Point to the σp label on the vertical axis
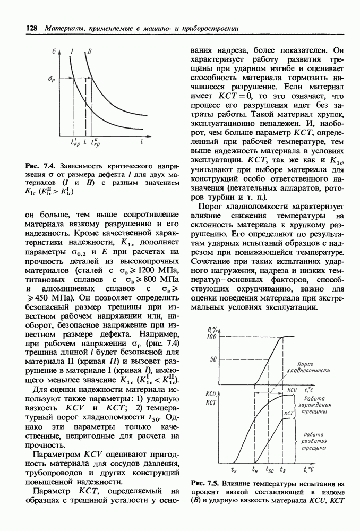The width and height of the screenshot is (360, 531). [52, 79]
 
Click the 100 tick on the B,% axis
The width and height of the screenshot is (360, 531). [210, 337]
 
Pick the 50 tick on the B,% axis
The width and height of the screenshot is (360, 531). [212, 359]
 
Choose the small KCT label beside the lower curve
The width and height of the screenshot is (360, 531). [289, 413]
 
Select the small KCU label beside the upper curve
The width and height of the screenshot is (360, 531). [292, 390]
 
